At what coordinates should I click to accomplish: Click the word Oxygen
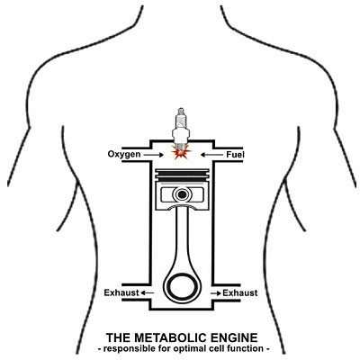click(x=124, y=155)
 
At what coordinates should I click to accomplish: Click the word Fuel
click(x=235, y=155)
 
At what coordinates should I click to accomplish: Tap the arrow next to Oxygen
click(x=153, y=155)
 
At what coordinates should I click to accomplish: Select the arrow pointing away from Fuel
click(x=211, y=155)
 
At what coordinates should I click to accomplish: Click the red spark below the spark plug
click(x=181, y=153)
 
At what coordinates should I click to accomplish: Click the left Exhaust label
click(x=121, y=292)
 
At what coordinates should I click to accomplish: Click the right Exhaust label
click(x=240, y=292)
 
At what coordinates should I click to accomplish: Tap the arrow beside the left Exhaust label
click(x=148, y=292)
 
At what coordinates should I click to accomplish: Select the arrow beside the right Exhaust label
click(x=216, y=292)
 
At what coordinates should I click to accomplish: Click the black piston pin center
click(x=182, y=194)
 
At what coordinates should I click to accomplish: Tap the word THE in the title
click(x=118, y=337)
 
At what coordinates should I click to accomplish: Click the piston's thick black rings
click(x=182, y=176)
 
